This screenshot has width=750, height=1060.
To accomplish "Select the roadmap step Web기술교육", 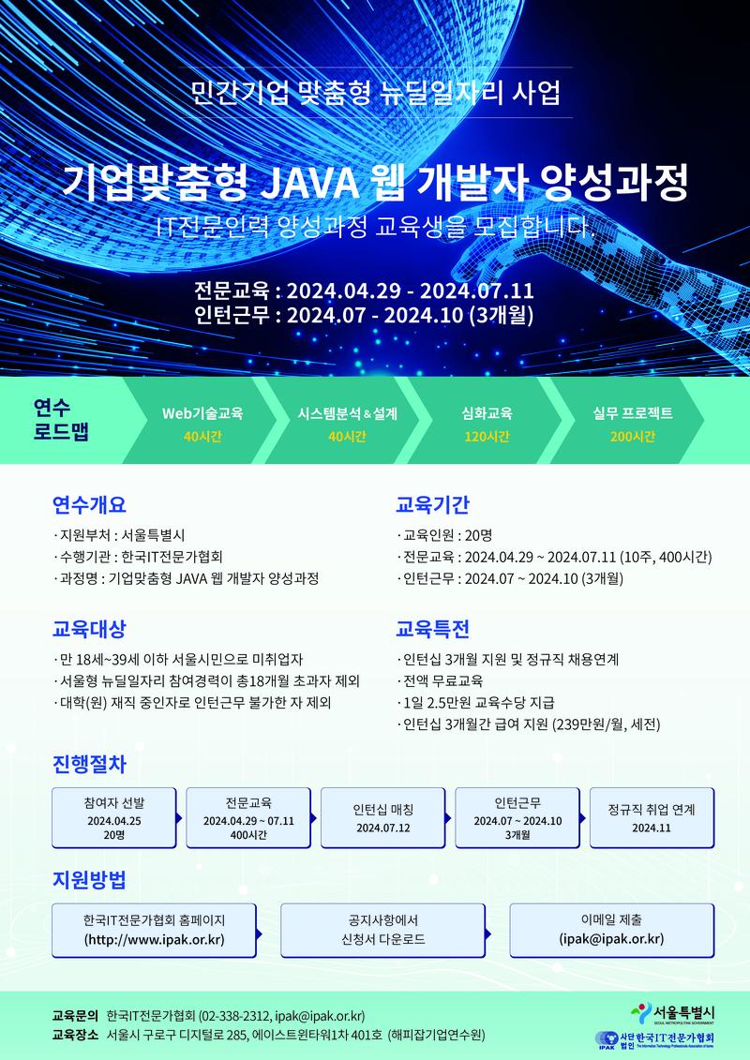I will click(x=202, y=413).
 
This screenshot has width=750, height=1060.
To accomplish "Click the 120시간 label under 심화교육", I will click(x=487, y=437).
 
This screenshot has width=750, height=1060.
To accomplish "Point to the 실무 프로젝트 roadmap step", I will click(x=633, y=413).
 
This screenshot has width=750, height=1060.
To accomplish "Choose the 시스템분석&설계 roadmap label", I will click(x=347, y=413).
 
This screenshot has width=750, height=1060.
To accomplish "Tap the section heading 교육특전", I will click(x=432, y=627).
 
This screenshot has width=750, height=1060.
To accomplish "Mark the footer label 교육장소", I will click(x=76, y=1036).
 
